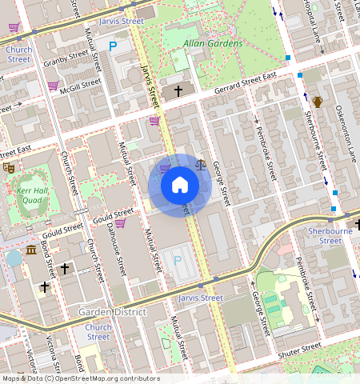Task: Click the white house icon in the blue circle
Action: coord(180,186)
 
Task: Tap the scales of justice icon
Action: coord(200,165)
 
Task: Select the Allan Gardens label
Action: coord(212,42)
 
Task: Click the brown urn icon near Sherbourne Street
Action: coord(318,101)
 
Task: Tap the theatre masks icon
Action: coord(9,167)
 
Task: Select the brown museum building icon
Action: coord(31,251)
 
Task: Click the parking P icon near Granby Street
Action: coord(113,47)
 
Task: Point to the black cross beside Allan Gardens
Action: coord(178,91)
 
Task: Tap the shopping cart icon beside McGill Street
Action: coord(53,85)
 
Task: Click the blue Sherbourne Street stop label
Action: coord(325,235)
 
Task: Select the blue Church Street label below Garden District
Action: coord(98,332)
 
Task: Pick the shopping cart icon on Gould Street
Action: coord(119,223)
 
